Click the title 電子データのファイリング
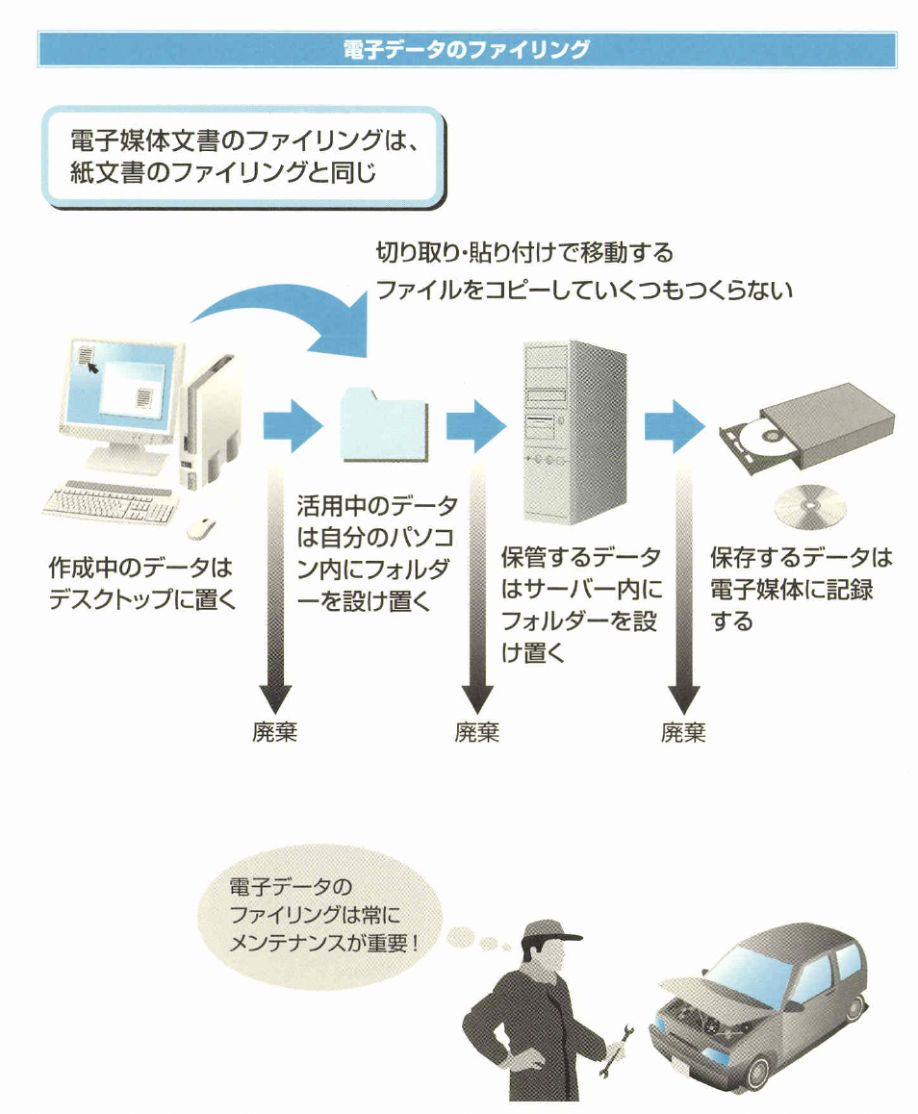coord(467,49)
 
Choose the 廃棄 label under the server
coord(477,733)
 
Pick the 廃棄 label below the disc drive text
coord(683,733)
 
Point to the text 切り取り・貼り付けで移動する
coord(524,254)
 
